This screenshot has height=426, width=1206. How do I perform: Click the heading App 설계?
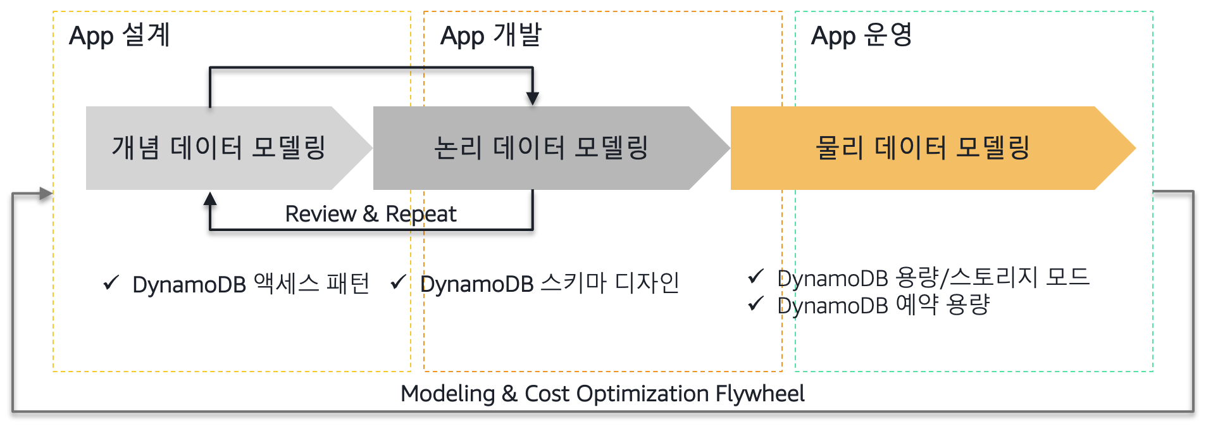point(120,35)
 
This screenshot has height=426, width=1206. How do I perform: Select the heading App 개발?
point(491,35)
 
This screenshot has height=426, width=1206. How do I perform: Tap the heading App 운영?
point(862,35)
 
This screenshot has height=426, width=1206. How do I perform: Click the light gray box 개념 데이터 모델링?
point(218,148)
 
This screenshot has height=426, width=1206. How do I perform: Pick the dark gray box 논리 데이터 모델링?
point(541,148)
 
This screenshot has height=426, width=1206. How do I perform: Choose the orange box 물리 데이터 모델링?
point(923,148)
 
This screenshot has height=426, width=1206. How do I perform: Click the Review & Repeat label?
point(370,214)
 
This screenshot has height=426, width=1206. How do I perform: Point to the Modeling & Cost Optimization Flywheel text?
point(602,394)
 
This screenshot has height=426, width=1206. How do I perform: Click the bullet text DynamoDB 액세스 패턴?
point(251,284)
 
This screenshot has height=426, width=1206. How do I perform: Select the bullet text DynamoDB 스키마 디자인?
point(549,284)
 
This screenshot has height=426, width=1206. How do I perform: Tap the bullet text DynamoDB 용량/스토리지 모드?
point(933,277)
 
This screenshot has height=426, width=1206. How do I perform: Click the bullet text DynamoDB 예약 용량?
point(883,306)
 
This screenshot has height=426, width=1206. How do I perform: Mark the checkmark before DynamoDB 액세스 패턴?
point(111,282)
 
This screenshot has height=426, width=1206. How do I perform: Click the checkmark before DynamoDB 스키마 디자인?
point(398,282)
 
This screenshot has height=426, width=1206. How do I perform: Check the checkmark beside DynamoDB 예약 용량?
point(755,304)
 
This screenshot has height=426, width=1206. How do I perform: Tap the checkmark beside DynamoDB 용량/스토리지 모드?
point(755,276)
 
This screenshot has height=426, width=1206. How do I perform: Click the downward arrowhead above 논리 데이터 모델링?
point(533,98)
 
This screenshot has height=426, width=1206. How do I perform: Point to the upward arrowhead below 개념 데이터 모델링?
point(210,199)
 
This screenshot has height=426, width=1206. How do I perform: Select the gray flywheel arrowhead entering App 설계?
point(46,193)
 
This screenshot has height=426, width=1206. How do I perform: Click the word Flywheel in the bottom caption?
point(760,394)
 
